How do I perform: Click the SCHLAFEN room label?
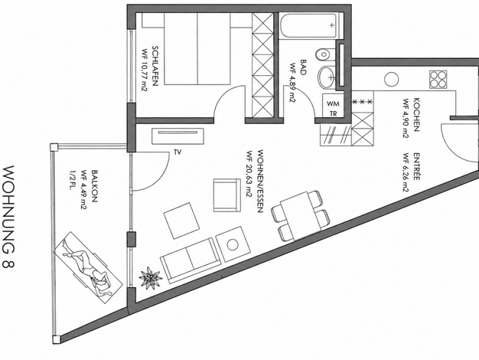coord(155,66)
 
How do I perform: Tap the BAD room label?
coord(303,67)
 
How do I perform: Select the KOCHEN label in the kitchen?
coord(416,114)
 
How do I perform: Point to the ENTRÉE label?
coord(416,166)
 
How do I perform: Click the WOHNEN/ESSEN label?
coord(260,181)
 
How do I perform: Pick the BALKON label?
coord(94,187)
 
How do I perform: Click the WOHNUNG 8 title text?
coord(9,217)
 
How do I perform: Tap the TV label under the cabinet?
coord(178,152)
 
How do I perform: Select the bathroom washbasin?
coord(326,77)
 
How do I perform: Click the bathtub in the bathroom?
coord(311,26)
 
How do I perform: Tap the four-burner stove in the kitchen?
coord(438,80)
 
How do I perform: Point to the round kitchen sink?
coord(391,80)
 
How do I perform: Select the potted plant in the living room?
coord(150,277)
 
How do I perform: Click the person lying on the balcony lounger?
coord(86,264)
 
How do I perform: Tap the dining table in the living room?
coord(301,216)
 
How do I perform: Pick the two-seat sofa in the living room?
coord(190,260)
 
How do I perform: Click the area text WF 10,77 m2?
coord(145,70)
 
